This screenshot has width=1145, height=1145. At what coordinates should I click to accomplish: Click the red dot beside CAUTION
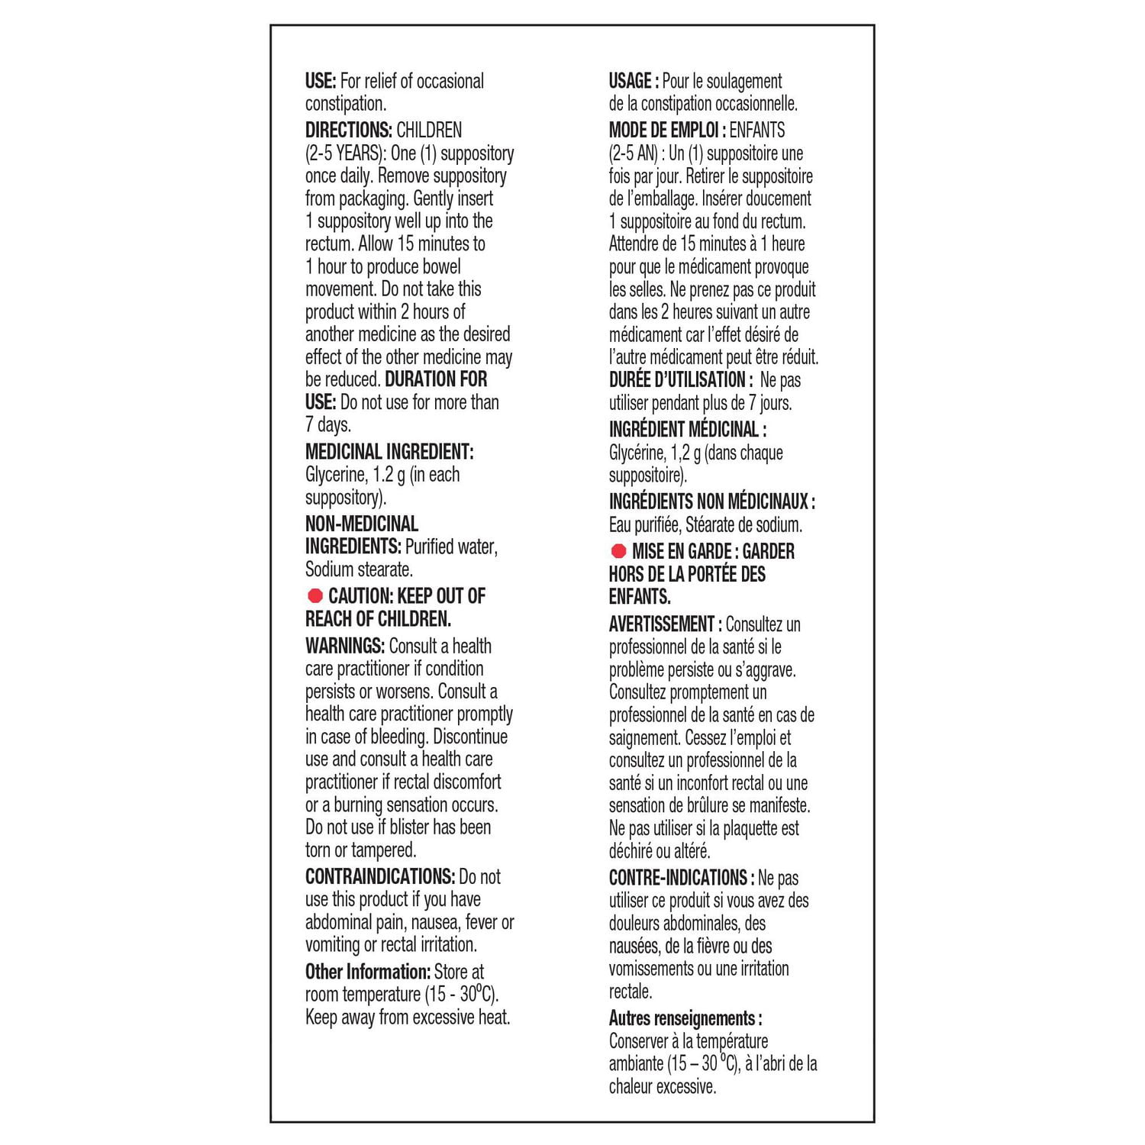(314, 595)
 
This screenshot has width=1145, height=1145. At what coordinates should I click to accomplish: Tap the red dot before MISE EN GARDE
(618, 551)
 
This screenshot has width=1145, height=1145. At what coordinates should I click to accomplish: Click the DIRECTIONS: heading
(348, 131)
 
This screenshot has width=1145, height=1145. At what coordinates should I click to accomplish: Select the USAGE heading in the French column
(633, 81)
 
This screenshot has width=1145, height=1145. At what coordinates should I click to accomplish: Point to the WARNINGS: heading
(344, 646)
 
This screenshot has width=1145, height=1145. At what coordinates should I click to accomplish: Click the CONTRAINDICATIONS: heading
(379, 876)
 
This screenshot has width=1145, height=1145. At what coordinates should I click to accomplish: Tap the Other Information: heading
(367, 972)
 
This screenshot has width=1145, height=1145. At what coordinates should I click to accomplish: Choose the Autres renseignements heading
(685, 1018)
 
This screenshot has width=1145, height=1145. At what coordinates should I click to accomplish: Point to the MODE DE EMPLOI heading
(666, 131)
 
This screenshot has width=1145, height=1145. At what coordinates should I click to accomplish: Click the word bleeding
(398, 737)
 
